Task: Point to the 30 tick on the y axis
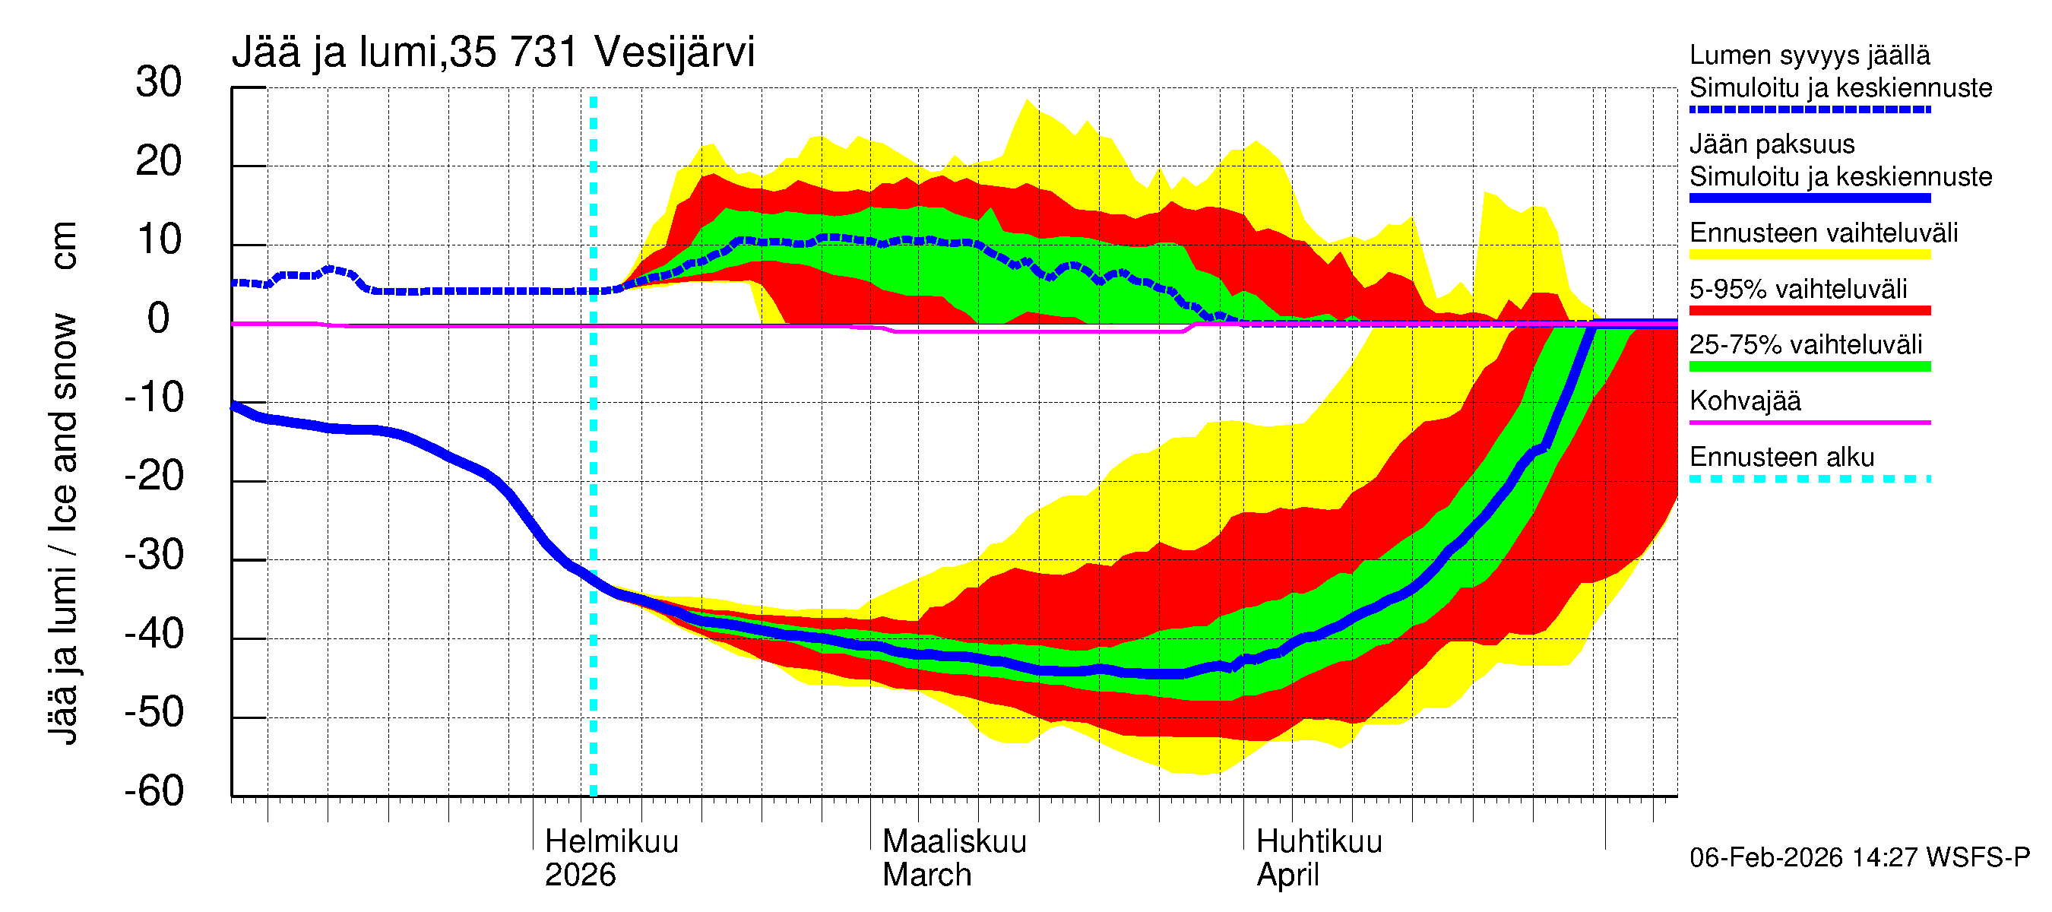click(x=159, y=83)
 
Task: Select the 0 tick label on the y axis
click(x=159, y=319)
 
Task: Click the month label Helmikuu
click(x=611, y=842)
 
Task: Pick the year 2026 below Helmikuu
click(x=580, y=876)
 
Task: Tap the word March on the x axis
click(x=926, y=876)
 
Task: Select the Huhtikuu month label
click(x=1319, y=842)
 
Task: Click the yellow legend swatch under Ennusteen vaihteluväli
click(x=1809, y=255)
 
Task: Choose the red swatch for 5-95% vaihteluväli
click(x=1809, y=311)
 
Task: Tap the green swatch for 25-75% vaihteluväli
click(x=1809, y=366)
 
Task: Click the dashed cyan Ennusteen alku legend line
click(x=1809, y=480)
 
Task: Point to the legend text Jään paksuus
click(x=1772, y=145)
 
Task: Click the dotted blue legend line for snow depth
click(x=1809, y=110)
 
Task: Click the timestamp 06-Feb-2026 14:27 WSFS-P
click(x=1859, y=858)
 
